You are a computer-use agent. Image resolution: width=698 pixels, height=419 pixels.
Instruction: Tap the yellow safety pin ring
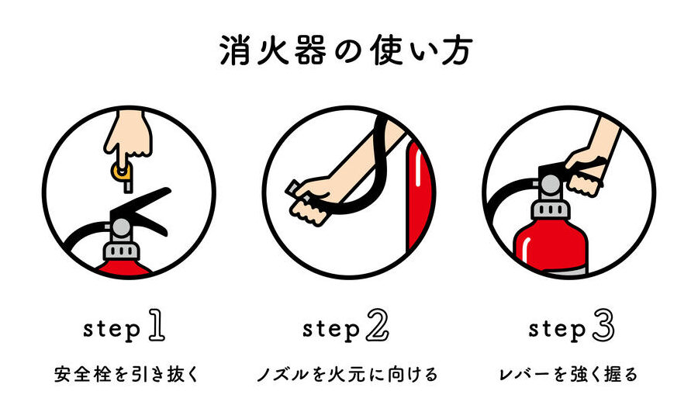pyautogui.click(x=121, y=171)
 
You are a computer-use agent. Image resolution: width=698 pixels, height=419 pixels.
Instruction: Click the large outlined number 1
pyautogui.click(x=157, y=326)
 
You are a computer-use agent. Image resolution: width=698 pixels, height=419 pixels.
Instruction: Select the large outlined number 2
pyautogui.click(x=378, y=326)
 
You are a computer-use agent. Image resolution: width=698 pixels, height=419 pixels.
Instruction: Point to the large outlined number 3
pyautogui.click(x=603, y=326)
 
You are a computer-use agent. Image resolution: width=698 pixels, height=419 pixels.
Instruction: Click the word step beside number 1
pyautogui.click(x=112, y=330)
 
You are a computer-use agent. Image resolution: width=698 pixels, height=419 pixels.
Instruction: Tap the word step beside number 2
pyautogui.click(x=331, y=330)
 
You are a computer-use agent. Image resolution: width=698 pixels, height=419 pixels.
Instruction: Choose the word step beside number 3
pyautogui.click(x=558, y=330)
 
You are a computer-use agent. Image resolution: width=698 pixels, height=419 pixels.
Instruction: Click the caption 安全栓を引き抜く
pyautogui.click(x=127, y=374)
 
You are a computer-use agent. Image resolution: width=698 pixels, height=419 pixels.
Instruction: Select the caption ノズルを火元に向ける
pyautogui.click(x=348, y=374)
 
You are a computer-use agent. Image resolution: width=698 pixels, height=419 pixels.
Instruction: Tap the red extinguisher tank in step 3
pyautogui.click(x=551, y=248)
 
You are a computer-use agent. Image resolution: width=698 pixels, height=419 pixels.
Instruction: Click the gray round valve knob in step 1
pyautogui.click(x=121, y=227)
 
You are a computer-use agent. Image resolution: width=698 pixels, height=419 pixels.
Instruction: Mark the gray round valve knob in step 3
pyautogui.click(x=551, y=185)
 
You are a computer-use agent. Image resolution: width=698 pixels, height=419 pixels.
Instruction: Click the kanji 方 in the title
pyautogui.click(x=457, y=50)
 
